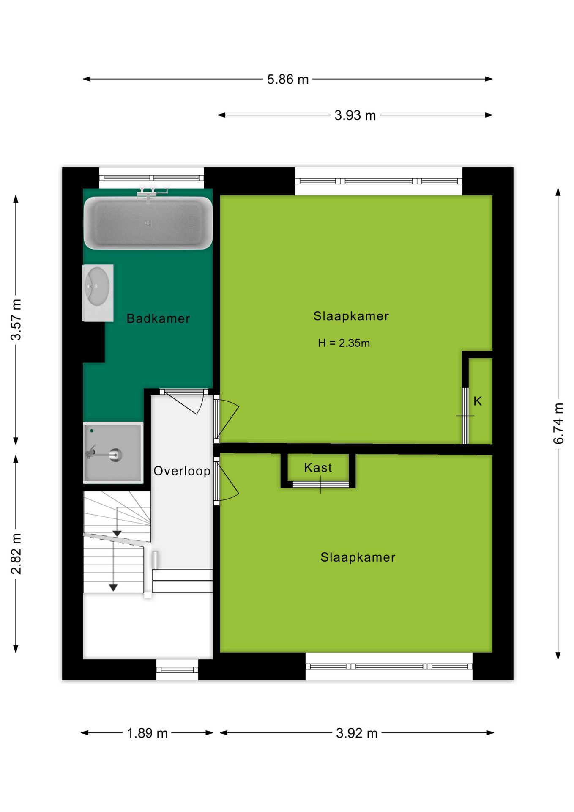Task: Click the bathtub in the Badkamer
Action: point(148,222)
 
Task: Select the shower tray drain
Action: point(115,455)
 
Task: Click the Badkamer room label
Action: point(159,318)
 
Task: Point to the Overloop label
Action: point(182,471)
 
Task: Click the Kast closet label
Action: point(318,467)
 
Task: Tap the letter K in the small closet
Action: point(478,401)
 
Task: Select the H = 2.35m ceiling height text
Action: point(344,343)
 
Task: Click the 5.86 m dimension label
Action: point(288,79)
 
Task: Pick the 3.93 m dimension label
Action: point(355,115)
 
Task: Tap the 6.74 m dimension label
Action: point(558,423)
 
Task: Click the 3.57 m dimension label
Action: point(16,319)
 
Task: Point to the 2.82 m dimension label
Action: point(16,554)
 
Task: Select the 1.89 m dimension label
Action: point(148,733)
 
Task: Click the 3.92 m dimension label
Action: point(357,733)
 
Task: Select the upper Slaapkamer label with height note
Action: point(351,316)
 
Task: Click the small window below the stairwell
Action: point(177,669)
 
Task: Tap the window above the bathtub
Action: point(151,178)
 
